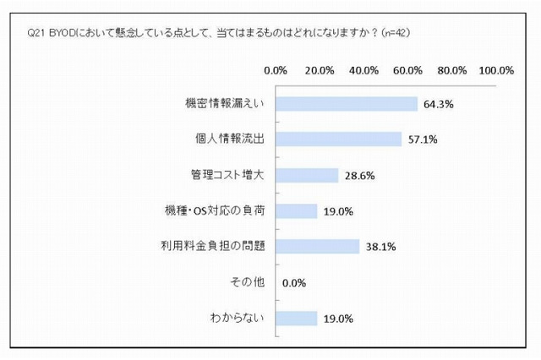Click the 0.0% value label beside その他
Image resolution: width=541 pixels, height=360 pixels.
[293, 283]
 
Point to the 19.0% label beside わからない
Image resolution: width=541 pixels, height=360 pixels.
[337, 319]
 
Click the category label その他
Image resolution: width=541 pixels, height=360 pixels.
[248, 282]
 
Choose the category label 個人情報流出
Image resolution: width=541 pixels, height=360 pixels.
[230, 139]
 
